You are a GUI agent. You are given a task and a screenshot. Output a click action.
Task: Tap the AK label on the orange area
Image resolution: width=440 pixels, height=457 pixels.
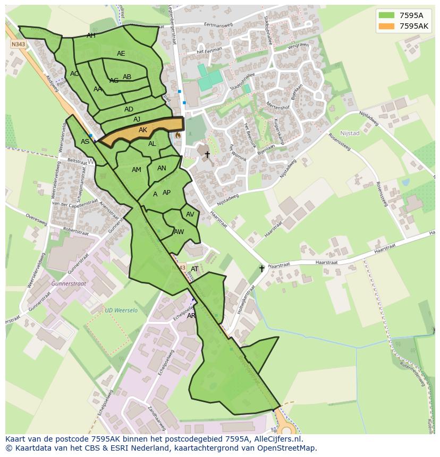click(x=143, y=130)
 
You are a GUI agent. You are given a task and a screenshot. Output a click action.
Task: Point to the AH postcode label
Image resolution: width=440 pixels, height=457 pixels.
click(x=91, y=36)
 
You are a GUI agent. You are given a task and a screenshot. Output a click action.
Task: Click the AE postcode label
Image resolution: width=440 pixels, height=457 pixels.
click(x=121, y=54)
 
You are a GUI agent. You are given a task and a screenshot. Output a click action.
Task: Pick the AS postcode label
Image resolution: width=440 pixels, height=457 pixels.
click(x=85, y=142)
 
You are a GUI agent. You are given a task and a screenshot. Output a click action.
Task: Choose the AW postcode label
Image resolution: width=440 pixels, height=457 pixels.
click(x=179, y=232)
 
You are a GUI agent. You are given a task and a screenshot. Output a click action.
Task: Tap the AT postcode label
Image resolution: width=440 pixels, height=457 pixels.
click(x=194, y=269)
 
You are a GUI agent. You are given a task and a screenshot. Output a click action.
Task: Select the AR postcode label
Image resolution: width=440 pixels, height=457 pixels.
click(x=191, y=316)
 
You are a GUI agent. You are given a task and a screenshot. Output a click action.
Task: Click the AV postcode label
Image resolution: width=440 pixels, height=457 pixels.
click(x=190, y=214)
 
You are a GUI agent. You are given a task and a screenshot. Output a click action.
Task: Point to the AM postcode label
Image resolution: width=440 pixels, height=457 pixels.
click(x=137, y=170)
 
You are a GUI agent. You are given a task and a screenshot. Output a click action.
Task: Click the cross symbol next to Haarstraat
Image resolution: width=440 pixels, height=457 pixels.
click(x=261, y=269)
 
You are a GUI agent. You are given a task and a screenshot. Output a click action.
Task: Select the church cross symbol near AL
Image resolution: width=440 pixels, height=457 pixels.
click(x=207, y=154)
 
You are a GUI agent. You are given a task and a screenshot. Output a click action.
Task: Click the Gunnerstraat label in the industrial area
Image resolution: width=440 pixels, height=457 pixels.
click(x=69, y=284)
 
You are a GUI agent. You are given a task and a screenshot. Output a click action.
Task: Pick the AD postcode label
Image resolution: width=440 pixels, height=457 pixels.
click(x=129, y=109)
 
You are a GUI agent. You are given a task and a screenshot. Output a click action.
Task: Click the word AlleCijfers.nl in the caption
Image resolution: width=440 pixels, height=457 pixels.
click(x=277, y=439)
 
